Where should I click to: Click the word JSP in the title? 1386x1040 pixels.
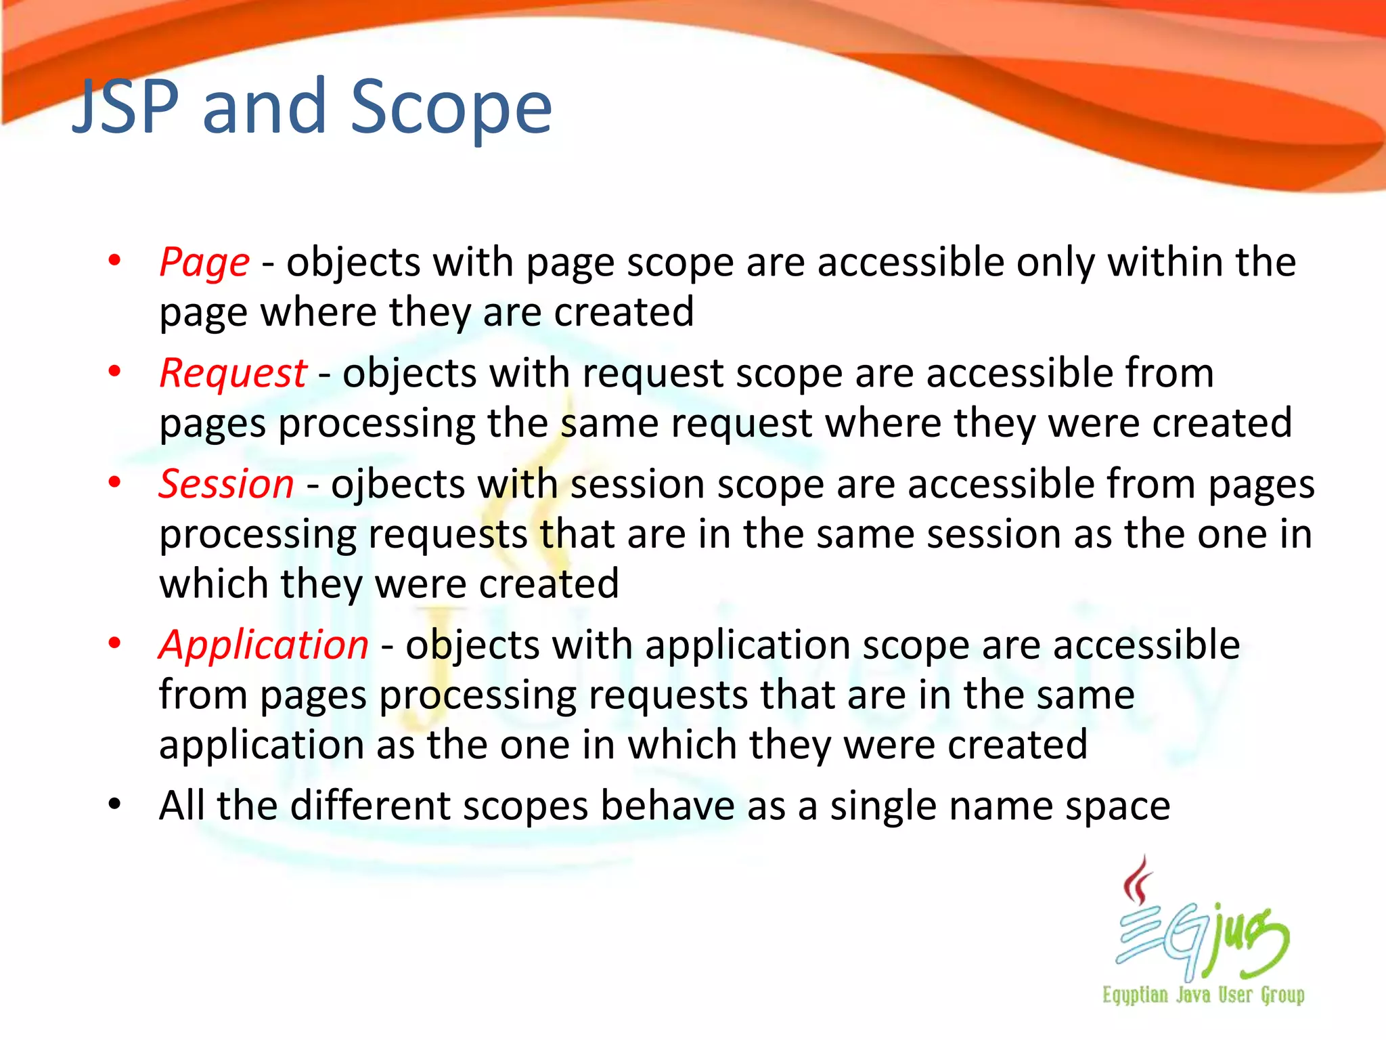[126, 106]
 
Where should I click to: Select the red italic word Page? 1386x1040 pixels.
[204, 263]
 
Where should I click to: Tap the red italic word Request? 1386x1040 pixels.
[233, 374]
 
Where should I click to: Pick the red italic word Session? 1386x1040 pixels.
[226, 485]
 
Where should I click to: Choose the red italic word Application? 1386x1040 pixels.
[263, 645]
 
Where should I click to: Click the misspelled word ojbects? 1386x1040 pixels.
[397, 485]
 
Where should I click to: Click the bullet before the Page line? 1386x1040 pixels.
[114, 261]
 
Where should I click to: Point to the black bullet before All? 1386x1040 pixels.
[114, 804]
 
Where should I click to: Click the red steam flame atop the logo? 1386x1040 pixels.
[1138, 881]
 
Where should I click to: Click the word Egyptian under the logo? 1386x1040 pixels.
[1135, 995]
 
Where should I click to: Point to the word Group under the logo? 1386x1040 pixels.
[1282, 995]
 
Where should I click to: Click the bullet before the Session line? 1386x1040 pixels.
[114, 483]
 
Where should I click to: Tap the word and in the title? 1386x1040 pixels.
[264, 107]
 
